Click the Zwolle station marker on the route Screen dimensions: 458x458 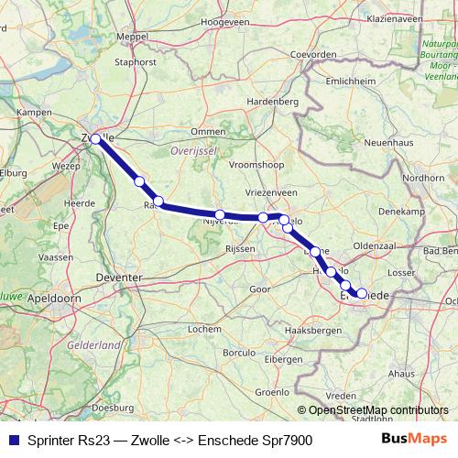click(x=95, y=139)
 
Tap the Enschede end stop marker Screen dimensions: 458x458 click(x=362, y=294)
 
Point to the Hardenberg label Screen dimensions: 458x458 click(x=274, y=101)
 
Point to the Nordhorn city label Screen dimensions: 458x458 click(x=424, y=178)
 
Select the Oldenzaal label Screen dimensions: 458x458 click(x=374, y=245)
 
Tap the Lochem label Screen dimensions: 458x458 click(x=203, y=328)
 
